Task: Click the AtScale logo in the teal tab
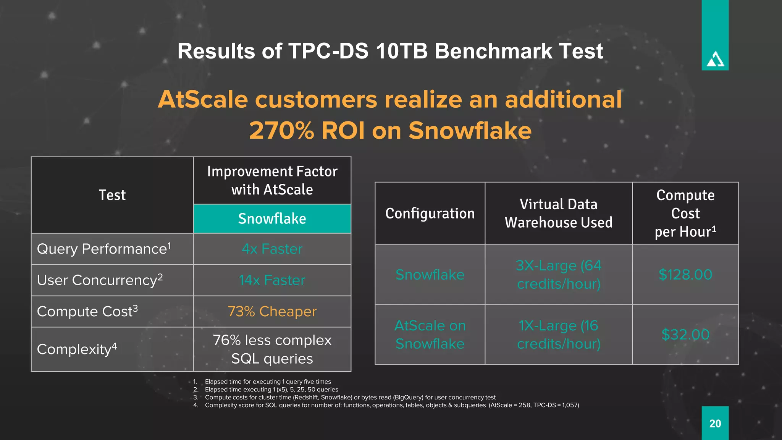(715, 60)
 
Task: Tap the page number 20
(715, 424)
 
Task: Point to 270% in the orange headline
(282, 131)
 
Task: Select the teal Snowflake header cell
(272, 219)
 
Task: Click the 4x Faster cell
(272, 249)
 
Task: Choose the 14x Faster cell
(272, 280)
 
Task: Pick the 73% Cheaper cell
(272, 312)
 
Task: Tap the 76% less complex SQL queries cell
(272, 349)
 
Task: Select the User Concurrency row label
(100, 280)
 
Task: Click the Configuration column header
(430, 214)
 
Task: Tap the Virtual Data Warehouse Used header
(558, 214)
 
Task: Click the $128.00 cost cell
(685, 275)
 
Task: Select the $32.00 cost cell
(685, 335)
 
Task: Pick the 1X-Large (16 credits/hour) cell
(558, 335)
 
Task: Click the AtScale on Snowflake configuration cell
(430, 335)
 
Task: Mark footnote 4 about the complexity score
(391, 405)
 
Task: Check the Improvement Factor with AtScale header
(272, 180)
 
